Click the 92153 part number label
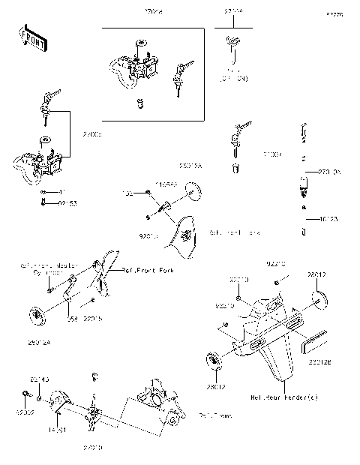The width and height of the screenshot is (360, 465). click(x=67, y=202)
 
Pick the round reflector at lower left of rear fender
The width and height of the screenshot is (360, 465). click(x=214, y=360)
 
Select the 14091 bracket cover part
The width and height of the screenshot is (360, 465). click(x=61, y=406)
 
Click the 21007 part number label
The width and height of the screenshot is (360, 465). click(x=272, y=155)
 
